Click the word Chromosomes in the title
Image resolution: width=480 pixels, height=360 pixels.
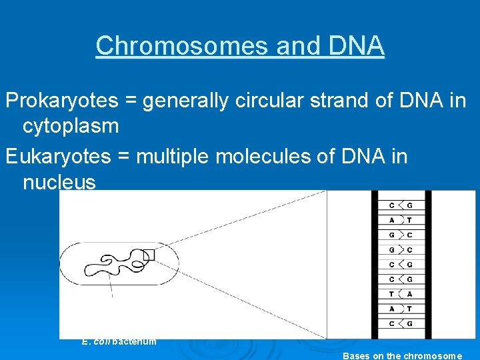tap(165, 46)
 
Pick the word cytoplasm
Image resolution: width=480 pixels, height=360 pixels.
tap(71, 126)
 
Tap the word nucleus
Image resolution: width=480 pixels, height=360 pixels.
tap(59, 182)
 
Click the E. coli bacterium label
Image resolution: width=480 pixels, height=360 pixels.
tap(119, 341)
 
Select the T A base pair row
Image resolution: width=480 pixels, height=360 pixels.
tap(401, 294)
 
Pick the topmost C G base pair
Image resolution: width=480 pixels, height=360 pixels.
tap(401, 205)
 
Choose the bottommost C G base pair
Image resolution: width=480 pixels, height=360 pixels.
tap(401, 323)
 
